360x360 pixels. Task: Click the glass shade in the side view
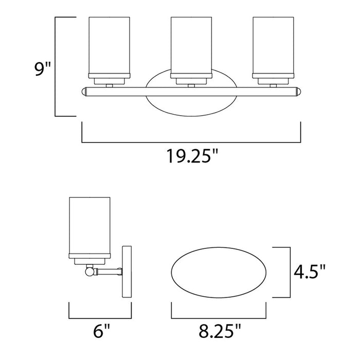91,226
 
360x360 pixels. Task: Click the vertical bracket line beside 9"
56,67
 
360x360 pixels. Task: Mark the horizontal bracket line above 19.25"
190,140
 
